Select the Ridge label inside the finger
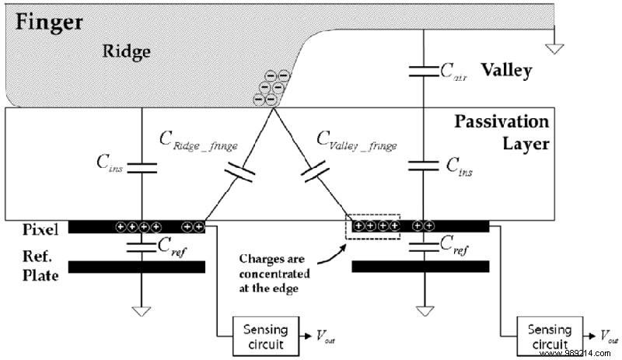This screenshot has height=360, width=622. [x=124, y=51]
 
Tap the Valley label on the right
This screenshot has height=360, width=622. [x=506, y=71]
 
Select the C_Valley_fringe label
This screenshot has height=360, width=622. [x=357, y=142]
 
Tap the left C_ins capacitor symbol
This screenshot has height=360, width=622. [x=142, y=166]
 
